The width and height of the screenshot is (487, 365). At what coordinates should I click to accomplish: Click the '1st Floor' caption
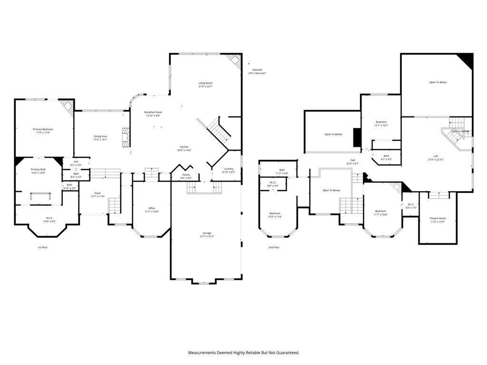pos(43,247)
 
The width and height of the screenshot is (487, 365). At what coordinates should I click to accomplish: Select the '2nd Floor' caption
pos(274,247)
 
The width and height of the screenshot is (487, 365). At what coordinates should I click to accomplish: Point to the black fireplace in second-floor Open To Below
pos(357,137)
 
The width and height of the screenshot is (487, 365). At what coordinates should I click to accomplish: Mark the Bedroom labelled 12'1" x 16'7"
pos(381,124)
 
